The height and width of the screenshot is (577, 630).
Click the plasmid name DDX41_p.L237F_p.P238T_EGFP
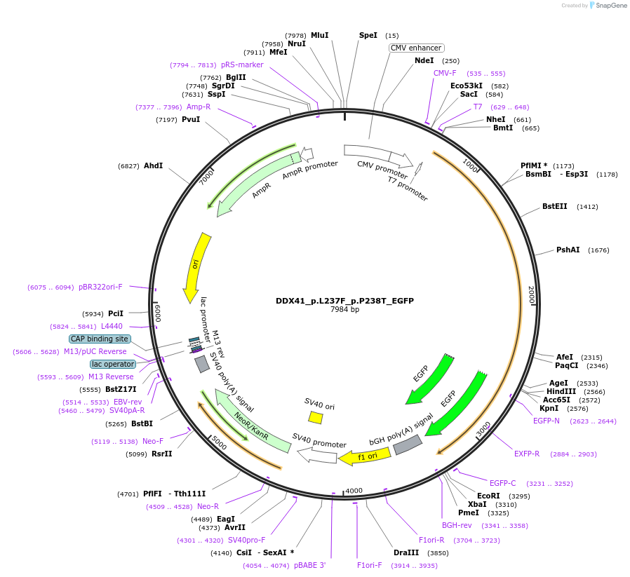[344, 301]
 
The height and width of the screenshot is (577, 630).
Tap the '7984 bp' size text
[344, 309]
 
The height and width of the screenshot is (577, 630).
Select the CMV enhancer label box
[417, 48]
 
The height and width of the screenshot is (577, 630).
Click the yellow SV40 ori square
[316, 418]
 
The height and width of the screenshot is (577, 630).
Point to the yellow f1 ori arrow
[355, 457]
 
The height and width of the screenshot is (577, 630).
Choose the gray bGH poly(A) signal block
[407, 444]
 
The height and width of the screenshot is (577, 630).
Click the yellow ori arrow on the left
[197, 267]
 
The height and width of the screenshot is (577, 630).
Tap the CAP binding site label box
[100, 339]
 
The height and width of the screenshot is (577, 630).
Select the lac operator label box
[112, 364]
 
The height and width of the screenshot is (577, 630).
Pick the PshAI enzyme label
[568, 250]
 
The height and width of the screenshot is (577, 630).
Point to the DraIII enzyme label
[406, 552]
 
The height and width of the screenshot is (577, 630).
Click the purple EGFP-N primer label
[547, 421]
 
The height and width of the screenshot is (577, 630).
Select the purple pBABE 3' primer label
[309, 565]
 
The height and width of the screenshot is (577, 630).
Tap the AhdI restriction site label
[153, 165]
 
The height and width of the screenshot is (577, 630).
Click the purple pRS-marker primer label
[242, 65]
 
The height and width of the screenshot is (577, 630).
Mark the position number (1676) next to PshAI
[598, 250]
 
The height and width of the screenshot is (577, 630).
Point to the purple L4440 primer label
[112, 326]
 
